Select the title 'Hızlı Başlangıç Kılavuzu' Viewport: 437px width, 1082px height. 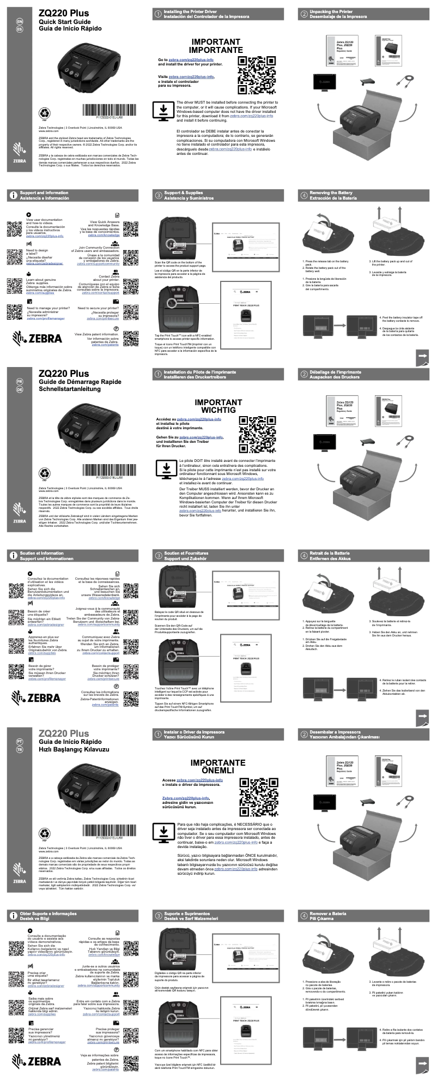(74, 749)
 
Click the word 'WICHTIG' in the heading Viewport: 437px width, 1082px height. (218, 410)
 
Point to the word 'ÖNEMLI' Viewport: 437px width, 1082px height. (218, 771)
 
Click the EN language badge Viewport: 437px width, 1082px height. (21, 21)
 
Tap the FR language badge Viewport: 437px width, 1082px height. (21, 382)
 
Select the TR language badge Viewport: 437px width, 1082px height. (21, 750)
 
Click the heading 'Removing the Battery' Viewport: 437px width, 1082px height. (331, 193)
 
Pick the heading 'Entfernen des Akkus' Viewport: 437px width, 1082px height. (330, 558)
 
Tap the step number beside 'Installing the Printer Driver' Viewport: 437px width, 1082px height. (158, 14)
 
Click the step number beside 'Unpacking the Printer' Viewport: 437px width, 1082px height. (304, 14)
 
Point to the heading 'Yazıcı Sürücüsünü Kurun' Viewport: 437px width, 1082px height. (192, 737)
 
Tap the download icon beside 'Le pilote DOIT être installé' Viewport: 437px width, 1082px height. (165, 469)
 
